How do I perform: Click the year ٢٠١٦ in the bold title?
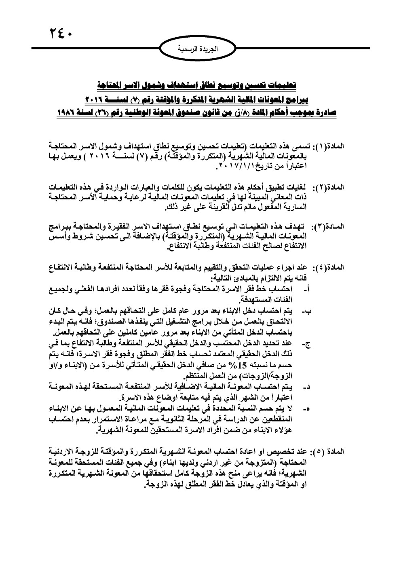(x=97, y=98)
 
